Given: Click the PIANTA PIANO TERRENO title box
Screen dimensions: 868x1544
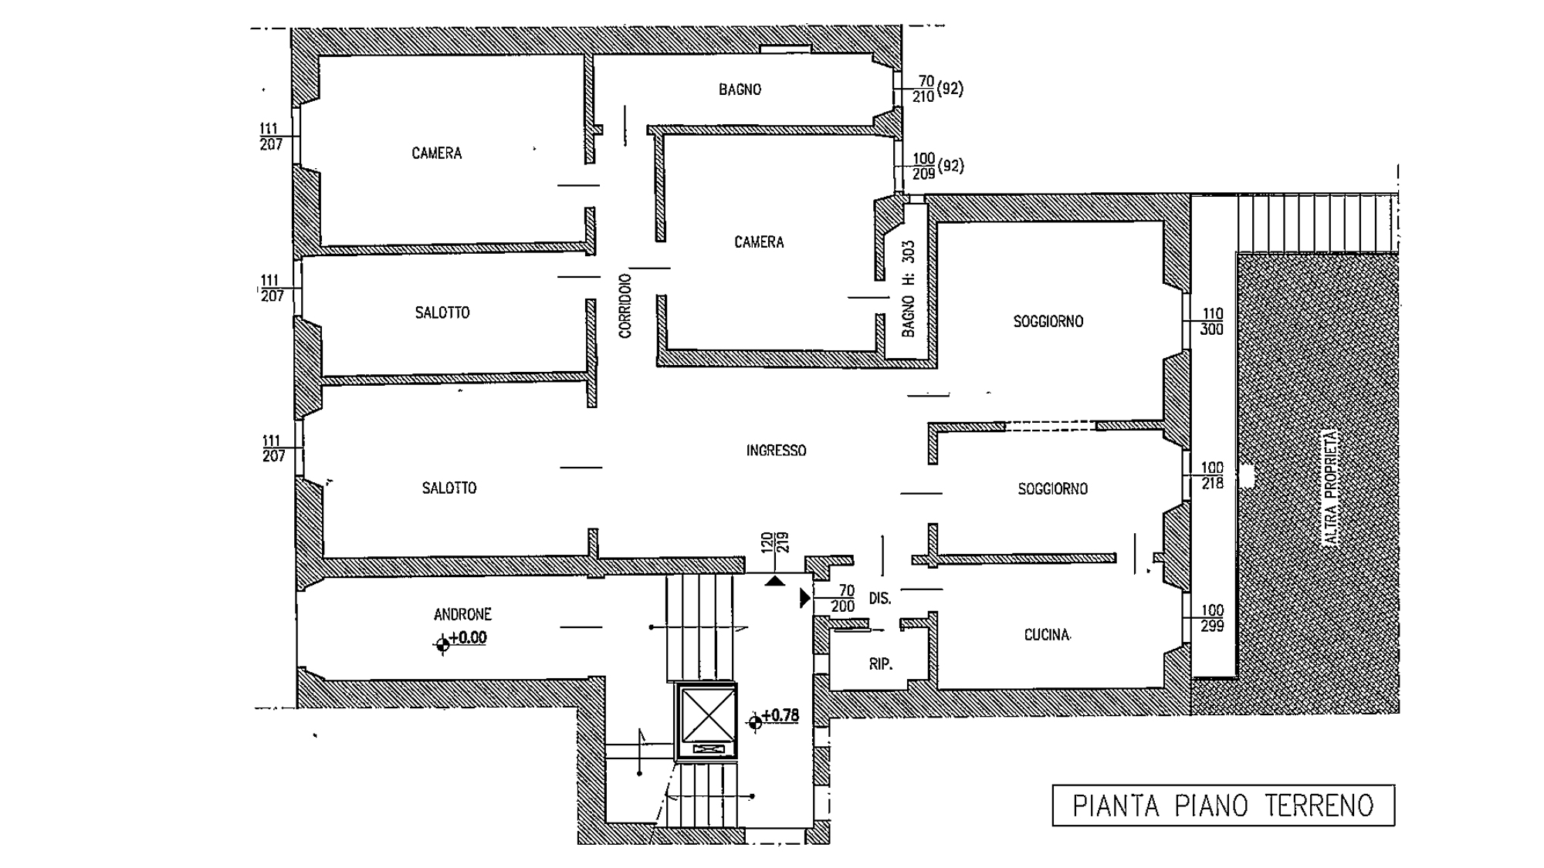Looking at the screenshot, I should point(1223,806).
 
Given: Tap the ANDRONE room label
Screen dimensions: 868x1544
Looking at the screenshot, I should point(462,614).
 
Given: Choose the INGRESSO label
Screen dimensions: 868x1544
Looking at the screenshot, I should point(776,451).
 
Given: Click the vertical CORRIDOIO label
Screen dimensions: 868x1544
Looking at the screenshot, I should point(625,306).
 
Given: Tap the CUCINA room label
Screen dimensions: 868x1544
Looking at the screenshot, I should point(1047,635).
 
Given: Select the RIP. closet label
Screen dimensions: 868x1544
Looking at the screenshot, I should point(880,664).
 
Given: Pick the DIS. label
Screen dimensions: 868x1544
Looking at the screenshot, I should point(879,599).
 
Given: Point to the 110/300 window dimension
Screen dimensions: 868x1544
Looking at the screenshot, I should point(1212,322).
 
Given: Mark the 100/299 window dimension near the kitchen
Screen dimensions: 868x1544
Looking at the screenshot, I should point(1212,618).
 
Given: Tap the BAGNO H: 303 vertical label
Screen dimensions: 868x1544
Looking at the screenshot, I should point(909,289).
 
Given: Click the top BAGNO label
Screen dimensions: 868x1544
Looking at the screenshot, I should point(740,90).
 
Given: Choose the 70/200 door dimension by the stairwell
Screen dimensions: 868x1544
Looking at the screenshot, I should point(844,599).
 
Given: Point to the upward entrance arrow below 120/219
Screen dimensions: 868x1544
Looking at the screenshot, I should point(775,580).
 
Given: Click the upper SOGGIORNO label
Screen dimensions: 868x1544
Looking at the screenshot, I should point(1048,322).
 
